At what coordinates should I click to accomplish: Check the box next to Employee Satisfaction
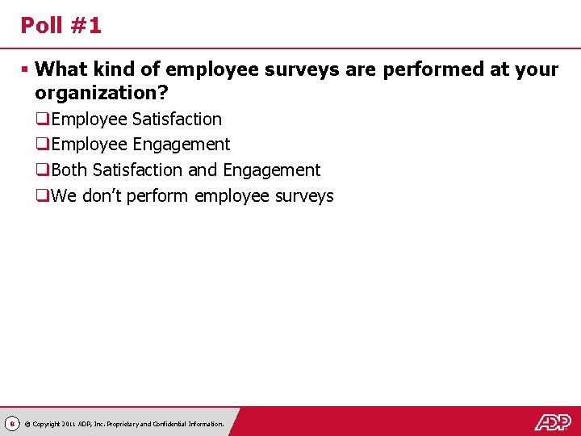(42, 119)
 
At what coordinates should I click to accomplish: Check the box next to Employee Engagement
(42, 145)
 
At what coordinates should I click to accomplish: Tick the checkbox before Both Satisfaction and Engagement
(42, 170)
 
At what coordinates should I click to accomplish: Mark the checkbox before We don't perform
(42, 196)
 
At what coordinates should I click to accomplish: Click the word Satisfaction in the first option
(177, 119)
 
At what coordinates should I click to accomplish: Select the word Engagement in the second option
(182, 145)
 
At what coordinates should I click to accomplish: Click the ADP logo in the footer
(552, 421)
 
